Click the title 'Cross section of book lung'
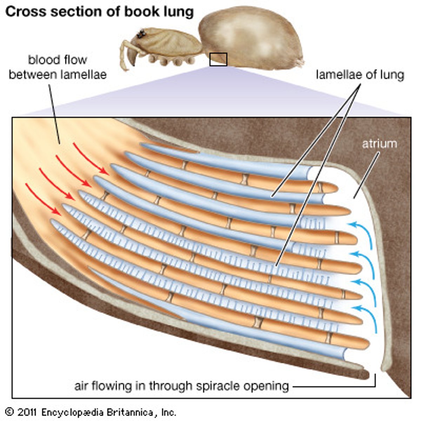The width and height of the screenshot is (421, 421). [99, 12]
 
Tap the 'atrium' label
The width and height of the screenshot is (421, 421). [380, 143]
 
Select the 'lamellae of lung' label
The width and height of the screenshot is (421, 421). [360, 75]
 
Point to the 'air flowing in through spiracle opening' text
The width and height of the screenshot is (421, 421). [181, 386]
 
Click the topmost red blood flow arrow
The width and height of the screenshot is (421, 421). [91, 159]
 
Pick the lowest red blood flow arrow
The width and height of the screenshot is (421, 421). [41, 200]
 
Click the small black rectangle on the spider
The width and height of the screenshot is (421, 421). [218, 59]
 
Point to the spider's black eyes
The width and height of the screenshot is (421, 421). [141, 34]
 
